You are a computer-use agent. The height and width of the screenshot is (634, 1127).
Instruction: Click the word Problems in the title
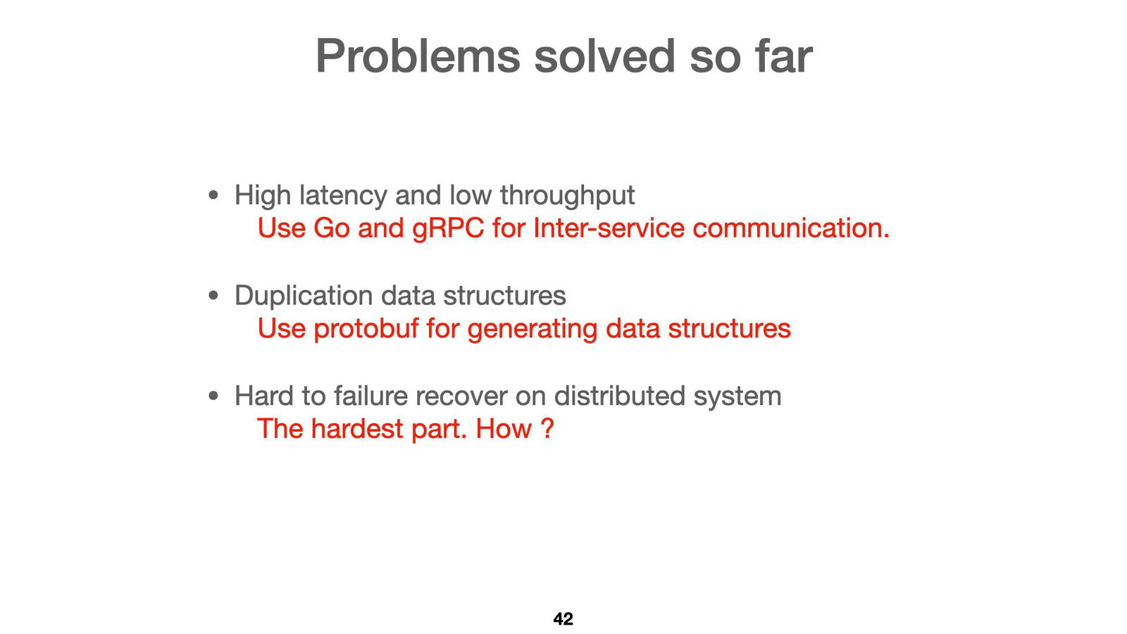417,56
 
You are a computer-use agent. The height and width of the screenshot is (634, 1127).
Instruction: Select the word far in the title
783,56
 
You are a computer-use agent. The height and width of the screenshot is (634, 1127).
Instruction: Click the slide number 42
563,619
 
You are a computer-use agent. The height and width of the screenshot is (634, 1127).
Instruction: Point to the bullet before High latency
214,195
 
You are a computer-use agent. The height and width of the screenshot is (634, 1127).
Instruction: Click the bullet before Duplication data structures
214,296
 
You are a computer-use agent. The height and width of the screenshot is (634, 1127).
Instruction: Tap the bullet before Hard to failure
214,397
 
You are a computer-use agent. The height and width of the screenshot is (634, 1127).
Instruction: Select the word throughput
567,195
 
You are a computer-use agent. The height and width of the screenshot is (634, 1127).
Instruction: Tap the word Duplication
304,296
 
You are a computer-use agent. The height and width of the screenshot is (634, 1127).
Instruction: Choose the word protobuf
366,329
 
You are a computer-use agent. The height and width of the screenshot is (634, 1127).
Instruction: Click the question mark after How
547,429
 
